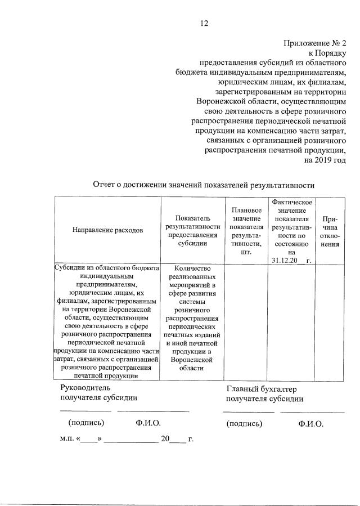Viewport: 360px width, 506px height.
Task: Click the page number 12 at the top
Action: (x=204, y=23)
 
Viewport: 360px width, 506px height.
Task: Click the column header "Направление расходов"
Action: (x=107, y=230)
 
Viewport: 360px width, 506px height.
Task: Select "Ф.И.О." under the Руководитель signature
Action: (x=148, y=423)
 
